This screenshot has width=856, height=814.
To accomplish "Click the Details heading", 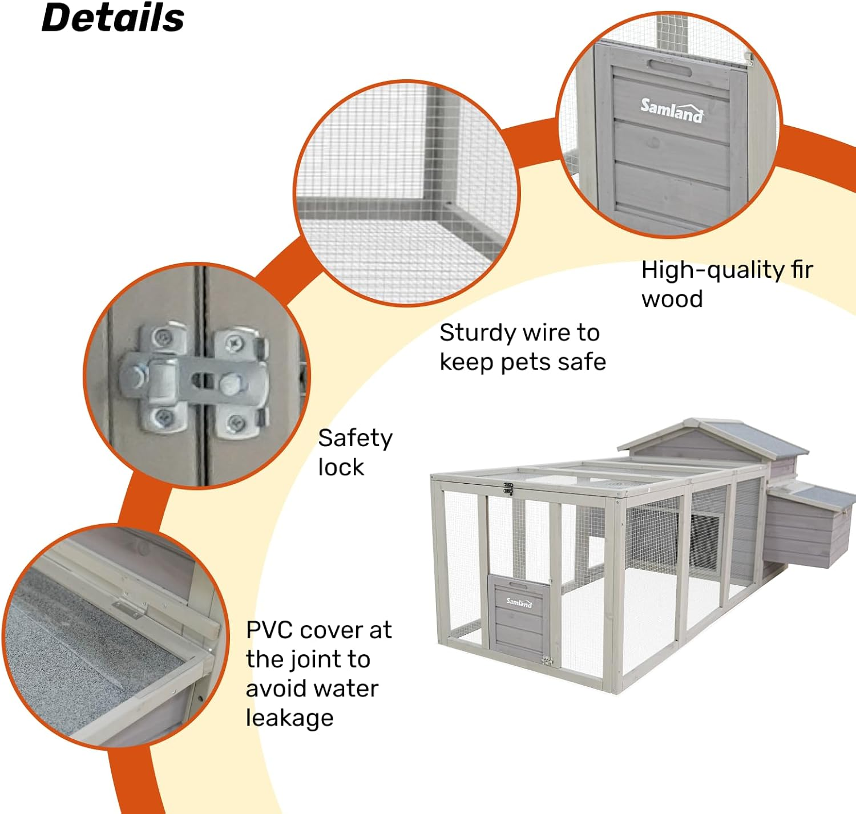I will (113, 18).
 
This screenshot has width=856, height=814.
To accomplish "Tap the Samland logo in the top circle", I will (672, 110).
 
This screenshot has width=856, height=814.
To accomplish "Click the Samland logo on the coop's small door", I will (519, 602).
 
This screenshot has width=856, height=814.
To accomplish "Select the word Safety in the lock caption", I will (355, 439).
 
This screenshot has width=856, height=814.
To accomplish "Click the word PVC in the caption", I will (270, 630).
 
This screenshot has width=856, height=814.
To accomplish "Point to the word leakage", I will (289, 718).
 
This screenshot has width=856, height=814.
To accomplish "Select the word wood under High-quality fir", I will (672, 299).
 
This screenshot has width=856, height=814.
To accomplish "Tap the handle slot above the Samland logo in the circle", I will (669, 68).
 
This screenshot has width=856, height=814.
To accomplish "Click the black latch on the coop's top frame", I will (507, 489).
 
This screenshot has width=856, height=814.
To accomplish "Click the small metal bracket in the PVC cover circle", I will (130, 609).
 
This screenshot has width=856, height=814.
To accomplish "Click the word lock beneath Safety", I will (341, 468).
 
